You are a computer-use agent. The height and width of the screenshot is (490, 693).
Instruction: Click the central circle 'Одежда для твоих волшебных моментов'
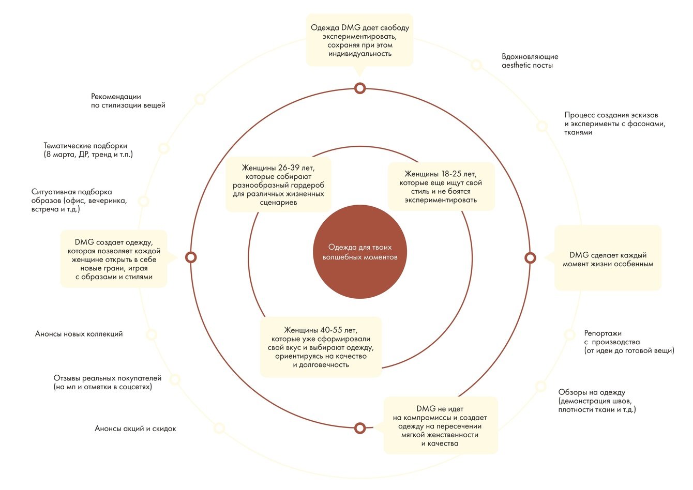360,252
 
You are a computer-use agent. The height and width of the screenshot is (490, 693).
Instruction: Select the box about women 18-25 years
441,187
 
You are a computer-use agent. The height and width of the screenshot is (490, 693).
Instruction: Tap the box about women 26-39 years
278,185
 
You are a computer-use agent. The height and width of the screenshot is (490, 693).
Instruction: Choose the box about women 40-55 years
321,347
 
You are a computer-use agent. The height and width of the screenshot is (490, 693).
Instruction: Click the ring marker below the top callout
360,88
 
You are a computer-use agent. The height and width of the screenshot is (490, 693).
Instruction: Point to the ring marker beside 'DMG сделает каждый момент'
530,257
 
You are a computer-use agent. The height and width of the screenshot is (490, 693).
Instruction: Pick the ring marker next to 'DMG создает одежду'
191,257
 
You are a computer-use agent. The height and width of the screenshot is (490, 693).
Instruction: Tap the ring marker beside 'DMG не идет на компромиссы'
360,428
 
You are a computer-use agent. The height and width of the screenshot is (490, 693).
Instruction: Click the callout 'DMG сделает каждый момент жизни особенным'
608,259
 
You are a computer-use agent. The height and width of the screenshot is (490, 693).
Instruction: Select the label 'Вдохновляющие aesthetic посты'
530,61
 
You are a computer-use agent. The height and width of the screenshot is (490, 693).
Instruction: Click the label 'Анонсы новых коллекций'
79,334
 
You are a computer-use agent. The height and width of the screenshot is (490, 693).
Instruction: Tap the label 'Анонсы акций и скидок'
135,428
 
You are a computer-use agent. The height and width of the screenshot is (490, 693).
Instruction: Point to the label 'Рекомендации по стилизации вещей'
128,101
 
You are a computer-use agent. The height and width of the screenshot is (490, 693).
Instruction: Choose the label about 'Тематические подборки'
88,150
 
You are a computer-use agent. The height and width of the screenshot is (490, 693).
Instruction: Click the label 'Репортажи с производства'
629,342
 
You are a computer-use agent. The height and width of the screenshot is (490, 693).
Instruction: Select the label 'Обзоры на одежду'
597,401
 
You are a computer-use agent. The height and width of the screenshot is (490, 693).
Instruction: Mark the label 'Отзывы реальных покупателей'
108,382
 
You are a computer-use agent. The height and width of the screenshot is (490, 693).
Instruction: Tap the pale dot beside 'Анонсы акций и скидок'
219,428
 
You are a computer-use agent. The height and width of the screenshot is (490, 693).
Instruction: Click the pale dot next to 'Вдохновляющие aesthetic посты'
476,65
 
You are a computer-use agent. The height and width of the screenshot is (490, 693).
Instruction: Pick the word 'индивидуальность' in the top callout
360,54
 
